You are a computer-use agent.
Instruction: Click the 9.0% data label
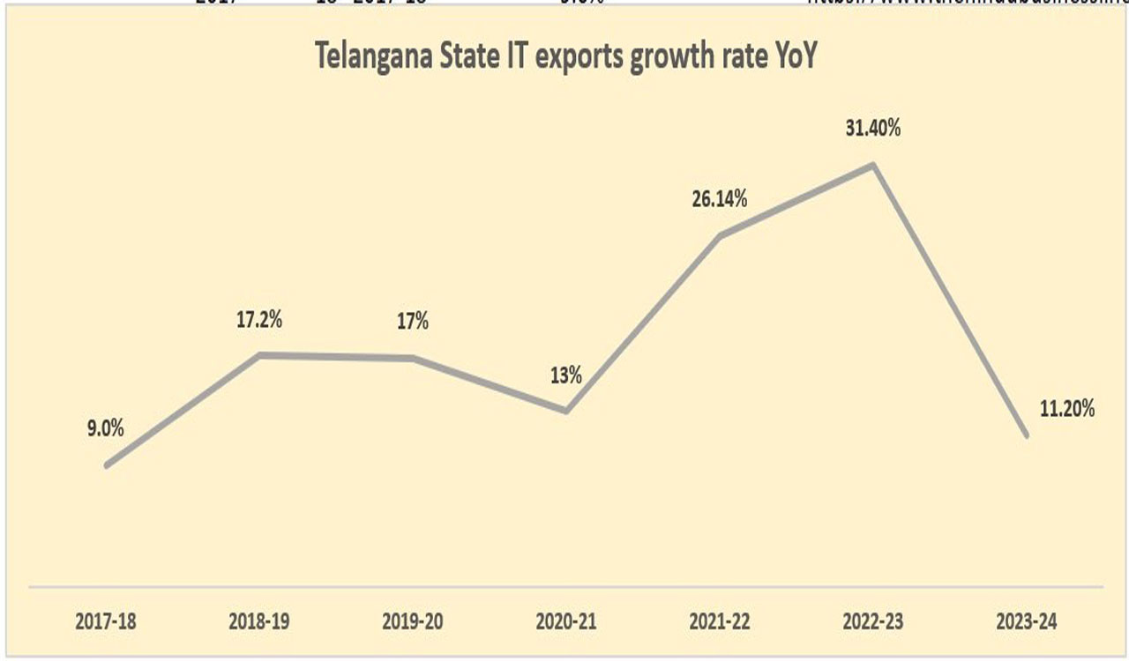point(105,430)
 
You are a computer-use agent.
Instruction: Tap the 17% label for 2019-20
point(412,321)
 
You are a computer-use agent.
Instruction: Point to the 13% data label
point(565,375)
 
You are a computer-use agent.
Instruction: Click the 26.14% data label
point(720,198)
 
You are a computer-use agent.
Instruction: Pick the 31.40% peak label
point(873,129)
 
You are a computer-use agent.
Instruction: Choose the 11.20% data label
point(1066,408)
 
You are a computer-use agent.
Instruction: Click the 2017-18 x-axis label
point(105,621)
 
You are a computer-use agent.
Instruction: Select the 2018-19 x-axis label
point(258,621)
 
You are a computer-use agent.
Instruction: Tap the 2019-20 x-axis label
point(412,621)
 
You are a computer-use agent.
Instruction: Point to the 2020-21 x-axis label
point(566,621)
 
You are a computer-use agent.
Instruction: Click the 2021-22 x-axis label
point(720,621)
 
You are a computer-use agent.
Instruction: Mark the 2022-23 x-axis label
point(873,621)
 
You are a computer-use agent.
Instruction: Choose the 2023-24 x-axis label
point(1027,621)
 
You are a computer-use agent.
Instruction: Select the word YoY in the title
point(795,58)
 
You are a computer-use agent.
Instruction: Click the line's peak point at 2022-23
point(873,165)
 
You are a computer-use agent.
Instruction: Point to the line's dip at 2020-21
point(565,411)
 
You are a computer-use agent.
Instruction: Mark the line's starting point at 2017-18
point(106,465)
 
